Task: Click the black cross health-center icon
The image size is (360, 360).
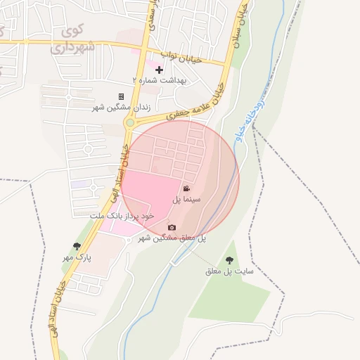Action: click(x=160, y=70)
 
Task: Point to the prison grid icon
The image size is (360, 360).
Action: click(x=121, y=96)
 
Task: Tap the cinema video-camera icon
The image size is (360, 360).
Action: click(x=186, y=188)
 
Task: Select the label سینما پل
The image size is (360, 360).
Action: click(x=187, y=200)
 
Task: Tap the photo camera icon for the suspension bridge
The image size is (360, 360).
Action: click(x=172, y=227)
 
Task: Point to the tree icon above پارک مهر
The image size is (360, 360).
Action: click(x=77, y=246)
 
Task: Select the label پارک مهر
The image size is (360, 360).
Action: click(x=77, y=258)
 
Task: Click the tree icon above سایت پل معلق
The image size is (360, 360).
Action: click(x=229, y=260)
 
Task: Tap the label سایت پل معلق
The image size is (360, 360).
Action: click(x=229, y=271)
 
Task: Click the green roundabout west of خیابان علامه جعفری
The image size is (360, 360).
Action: click(x=129, y=124)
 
